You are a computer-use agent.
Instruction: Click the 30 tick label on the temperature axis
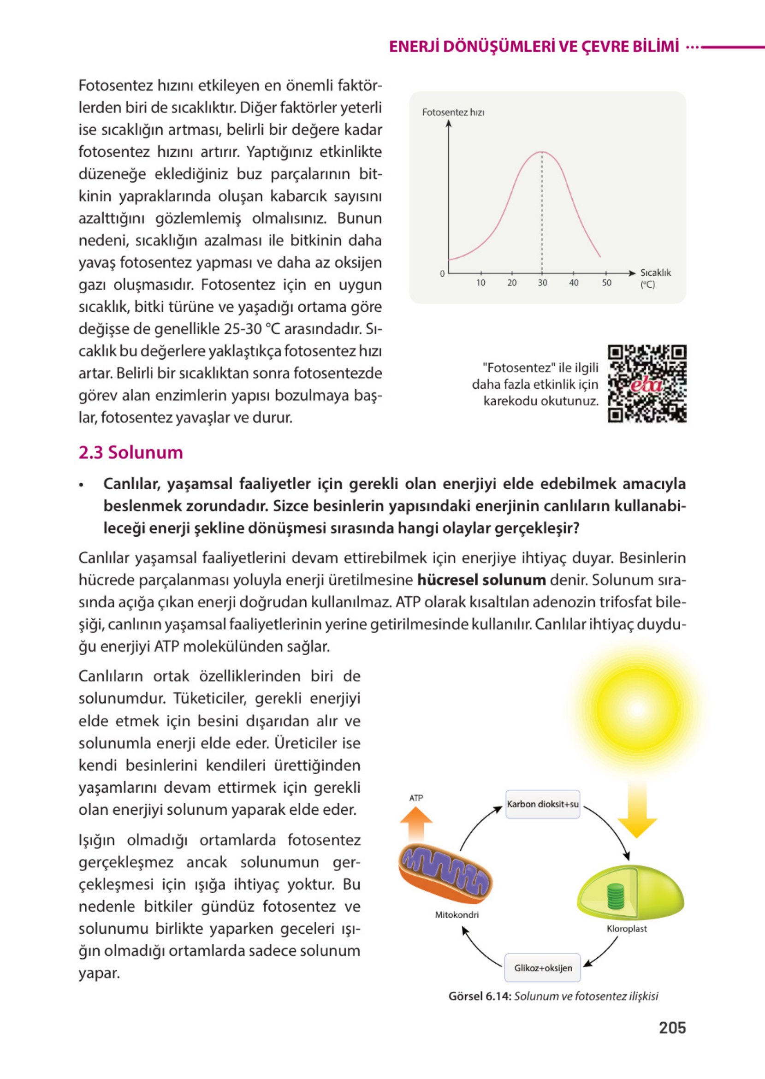542,283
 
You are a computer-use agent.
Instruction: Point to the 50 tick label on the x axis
606,283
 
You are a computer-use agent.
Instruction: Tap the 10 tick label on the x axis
480,283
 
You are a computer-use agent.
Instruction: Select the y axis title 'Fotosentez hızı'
453,112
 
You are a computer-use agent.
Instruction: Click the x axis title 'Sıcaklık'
655,273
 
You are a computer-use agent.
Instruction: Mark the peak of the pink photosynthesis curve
542,152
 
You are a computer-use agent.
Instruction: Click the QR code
647,383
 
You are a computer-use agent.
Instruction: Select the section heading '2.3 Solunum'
130,452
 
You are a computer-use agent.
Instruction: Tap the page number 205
672,1027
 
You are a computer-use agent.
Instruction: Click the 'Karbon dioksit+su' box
543,805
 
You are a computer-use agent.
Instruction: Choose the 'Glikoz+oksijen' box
543,968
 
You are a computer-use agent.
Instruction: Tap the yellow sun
638,709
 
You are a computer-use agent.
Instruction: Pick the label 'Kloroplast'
627,929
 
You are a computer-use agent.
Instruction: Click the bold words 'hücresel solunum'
481,580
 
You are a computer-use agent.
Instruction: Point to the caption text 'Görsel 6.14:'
480,996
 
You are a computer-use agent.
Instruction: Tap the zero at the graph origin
442,273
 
